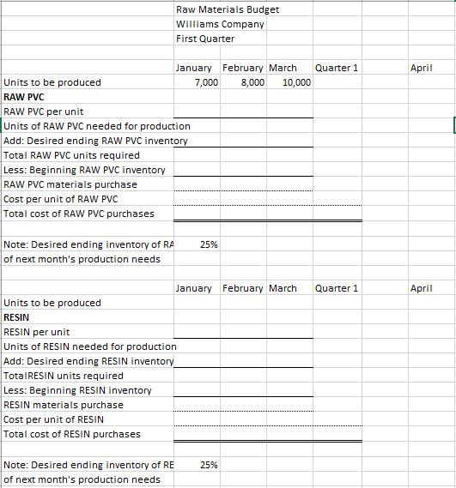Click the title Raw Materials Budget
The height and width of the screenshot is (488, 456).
click(x=227, y=9)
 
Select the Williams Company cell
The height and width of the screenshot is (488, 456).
click(x=220, y=24)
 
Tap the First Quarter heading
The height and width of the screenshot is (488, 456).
click(x=205, y=39)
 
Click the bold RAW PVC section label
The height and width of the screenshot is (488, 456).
click(x=24, y=97)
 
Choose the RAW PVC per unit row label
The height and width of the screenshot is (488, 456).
click(x=44, y=111)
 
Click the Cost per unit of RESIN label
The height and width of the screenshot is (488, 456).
click(x=54, y=419)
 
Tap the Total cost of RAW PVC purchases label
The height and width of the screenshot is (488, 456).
click(x=79, y=214)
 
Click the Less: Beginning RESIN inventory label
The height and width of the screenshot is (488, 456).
click(x=77, y=390)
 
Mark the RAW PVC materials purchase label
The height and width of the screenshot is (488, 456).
click(x=70, y=184)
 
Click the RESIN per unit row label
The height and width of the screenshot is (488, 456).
click(x=37, y=332)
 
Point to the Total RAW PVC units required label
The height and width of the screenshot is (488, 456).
click(x=71, y=155)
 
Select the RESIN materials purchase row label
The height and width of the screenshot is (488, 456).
click(x=64, y=405)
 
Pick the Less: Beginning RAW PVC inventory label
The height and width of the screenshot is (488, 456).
click(x=84, y=170)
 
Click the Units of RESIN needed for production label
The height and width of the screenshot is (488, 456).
click(x=89, y=346)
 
